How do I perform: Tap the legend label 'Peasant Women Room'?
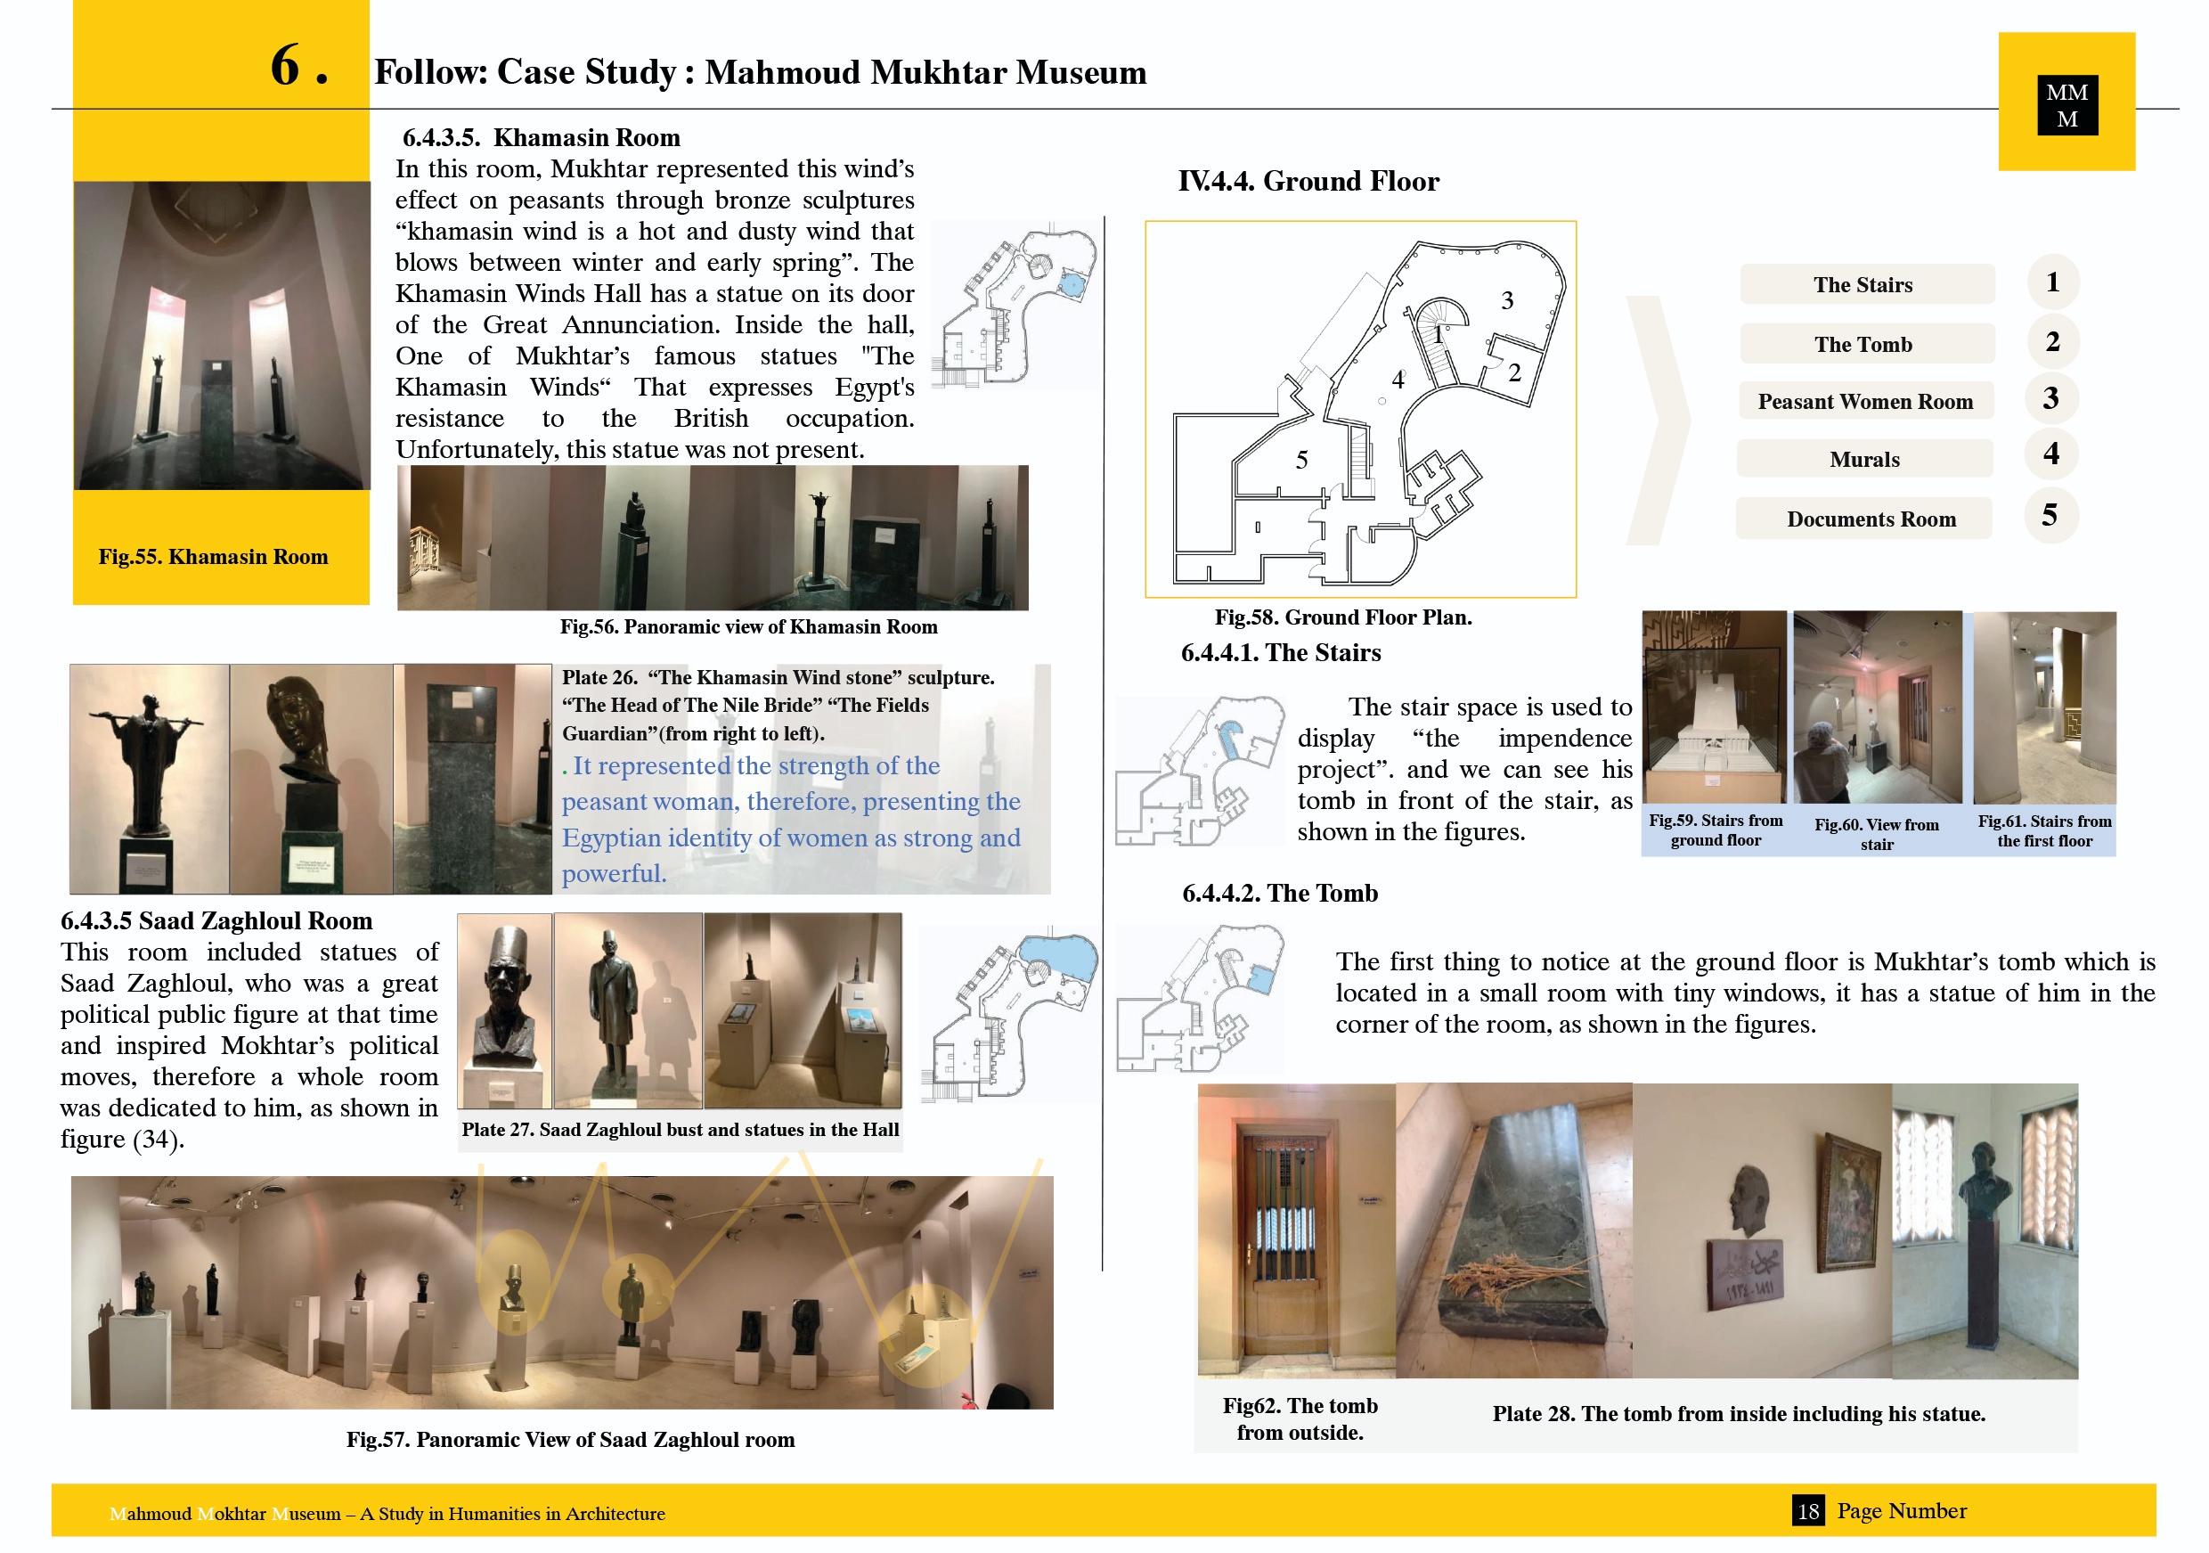pos(1864,401)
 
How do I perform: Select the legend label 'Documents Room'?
pos(1871,519)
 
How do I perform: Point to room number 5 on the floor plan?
pos(1300,460)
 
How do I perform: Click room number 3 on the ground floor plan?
pos(1506,301)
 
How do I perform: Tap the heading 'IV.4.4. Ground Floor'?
pos(1308,181)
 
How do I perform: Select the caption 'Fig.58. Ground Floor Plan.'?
pos(1342,617)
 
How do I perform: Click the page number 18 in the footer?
pos(1808,1510)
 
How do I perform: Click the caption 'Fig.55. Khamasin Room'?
pos(213,556)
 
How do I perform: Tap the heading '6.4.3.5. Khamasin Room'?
pos(541,137)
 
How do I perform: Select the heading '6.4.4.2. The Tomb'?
pos(1280,893)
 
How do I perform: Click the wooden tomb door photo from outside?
pos(1294,1231)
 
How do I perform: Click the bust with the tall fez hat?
pos(502,1001)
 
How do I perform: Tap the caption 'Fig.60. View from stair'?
pos(1876,834)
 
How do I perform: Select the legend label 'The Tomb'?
pos(1863,344)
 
